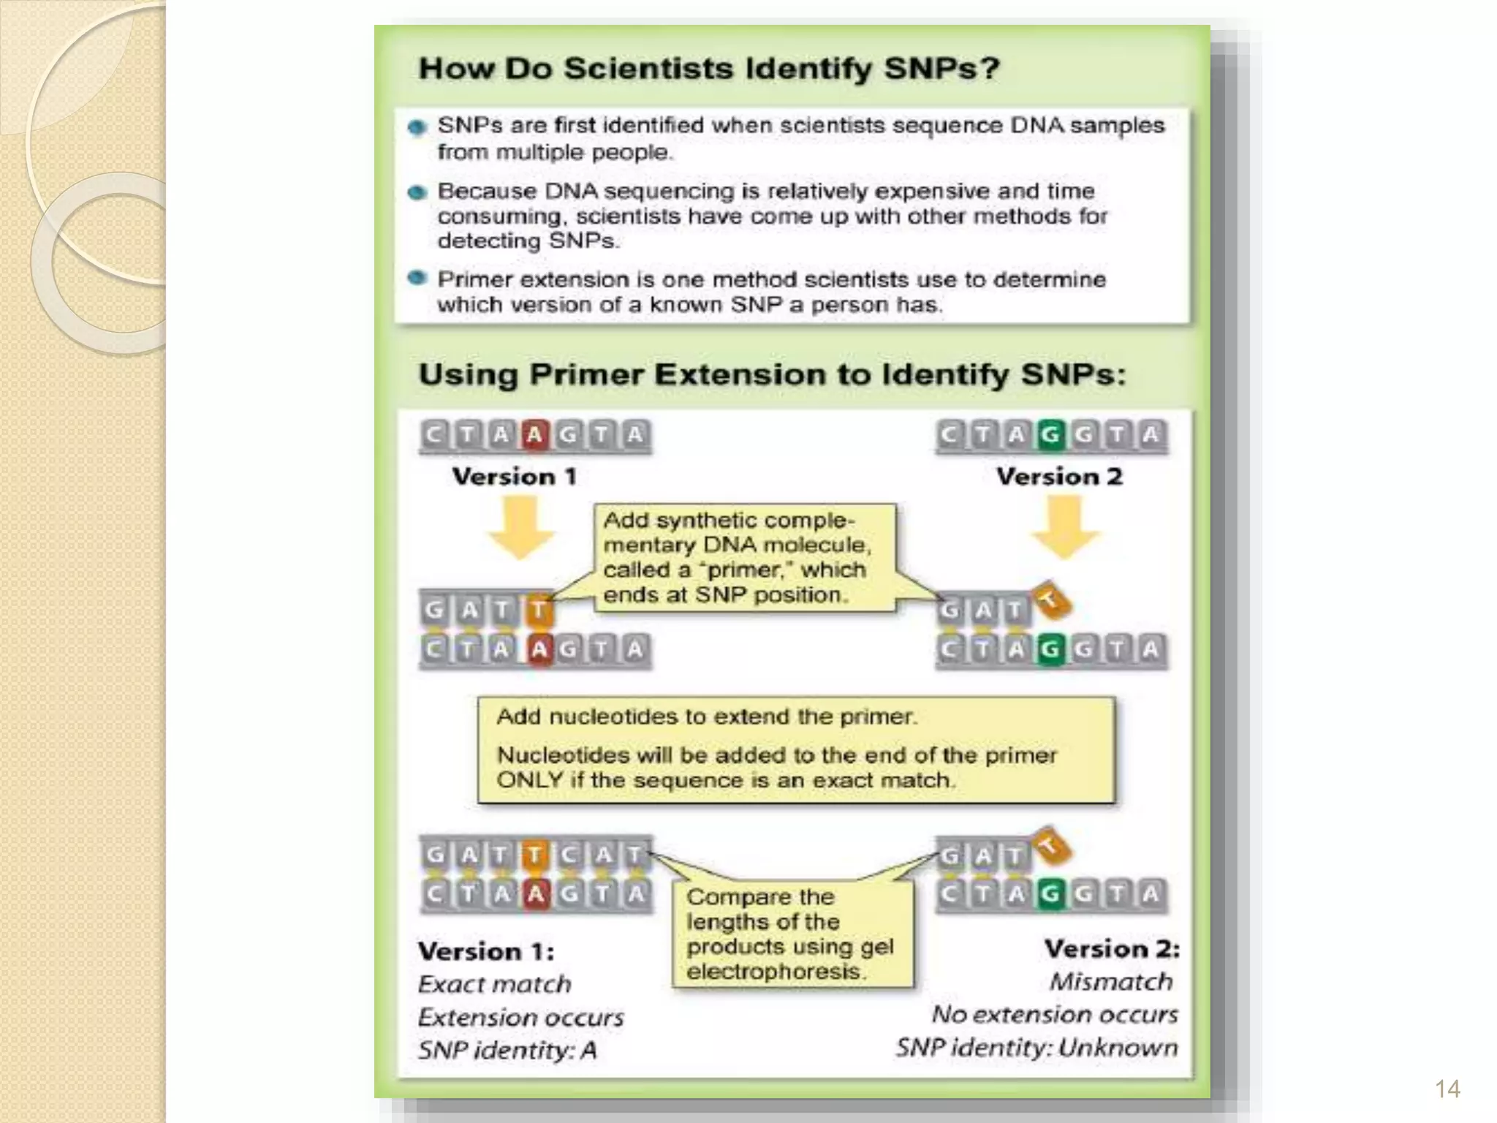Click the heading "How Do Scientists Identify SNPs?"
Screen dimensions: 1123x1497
click(708, 69)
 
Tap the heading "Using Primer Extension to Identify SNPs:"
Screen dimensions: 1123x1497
click(771, 374)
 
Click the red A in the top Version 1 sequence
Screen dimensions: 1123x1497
click(535, 435)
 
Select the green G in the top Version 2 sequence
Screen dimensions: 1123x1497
click(1050, 435)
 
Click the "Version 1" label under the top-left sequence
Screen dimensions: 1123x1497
click(515, 477)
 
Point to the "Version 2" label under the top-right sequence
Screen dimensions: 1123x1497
click(1059, 477)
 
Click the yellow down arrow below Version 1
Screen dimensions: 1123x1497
click(521, 527)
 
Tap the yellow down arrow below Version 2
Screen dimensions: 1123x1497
click(1065, 527)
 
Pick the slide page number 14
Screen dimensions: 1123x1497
click(1447, 1089)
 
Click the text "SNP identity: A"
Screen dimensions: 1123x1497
click(507, 1051)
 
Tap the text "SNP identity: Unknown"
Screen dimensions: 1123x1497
click(1037, 1048)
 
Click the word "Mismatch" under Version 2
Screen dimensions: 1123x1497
click(1111, 981)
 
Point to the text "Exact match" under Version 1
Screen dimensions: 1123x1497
click(494, 984)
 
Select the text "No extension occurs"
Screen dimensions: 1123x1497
click(1055, 1015)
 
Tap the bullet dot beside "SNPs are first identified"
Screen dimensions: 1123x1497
click(417, 128)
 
